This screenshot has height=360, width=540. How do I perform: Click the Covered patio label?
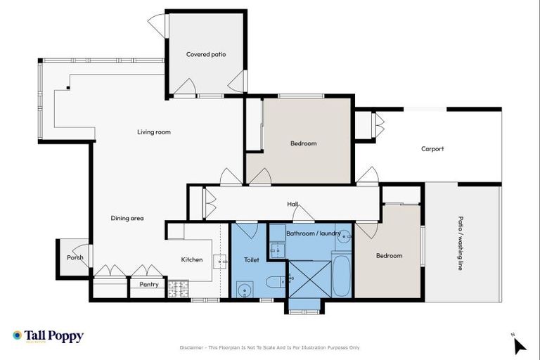click(x=206, y=54)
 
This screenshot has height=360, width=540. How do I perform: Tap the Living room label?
click(x=153, y=131)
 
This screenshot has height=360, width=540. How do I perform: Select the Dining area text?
click(x=127, y=219)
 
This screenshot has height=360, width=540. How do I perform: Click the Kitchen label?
click(x=192, y=259)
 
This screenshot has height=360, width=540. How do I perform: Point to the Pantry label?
click(x=149, y=285)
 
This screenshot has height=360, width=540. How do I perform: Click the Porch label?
click(x=75, y=257)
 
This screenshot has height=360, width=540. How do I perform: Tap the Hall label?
click(x=292, y=204)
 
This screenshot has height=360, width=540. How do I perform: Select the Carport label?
click(x=432, y=148)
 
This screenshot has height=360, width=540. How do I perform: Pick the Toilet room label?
click(x=251, y=259)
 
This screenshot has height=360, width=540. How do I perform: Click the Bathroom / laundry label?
click(x=314, y=233)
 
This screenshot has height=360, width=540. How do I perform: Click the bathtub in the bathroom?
click(x=342, y=276)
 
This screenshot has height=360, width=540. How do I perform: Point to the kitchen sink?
click(x=221, y=261)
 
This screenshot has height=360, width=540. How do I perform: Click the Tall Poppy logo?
click(x=48, y=336)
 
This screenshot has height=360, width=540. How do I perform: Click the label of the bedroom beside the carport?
click(x=303, y=143)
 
